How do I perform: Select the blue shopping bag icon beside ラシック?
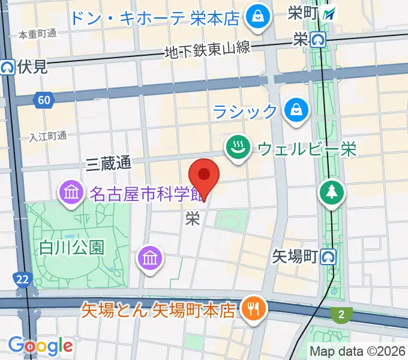click(x=296, y=110)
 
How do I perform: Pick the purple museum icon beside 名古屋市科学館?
click(x=71, y=193)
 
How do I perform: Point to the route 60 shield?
click(x=43, y=100)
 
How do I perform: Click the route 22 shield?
click(x=22, y=279)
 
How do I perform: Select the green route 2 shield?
click(x=341, y=314)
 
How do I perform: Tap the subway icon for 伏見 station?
click(x=8, y=67)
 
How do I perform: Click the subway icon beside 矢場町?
click(x=328, y=257)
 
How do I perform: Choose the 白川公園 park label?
click(x=72, y=247)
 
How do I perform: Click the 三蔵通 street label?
click(x=109, y=163)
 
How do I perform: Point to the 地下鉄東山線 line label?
click(x=207, y=50)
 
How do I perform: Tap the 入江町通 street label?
click(x=48, y=137)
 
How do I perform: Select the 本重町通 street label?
click(x=37, y=34)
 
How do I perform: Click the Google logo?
click(x=40, y=346)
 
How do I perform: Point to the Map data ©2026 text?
click(x=356, y=350)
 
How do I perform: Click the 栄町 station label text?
click(x=303, y=12)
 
